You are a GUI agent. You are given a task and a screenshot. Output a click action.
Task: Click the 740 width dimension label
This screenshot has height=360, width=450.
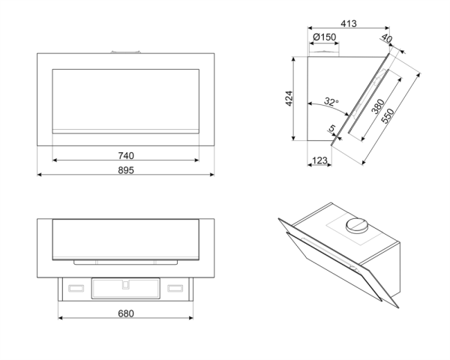[x=126, y=155]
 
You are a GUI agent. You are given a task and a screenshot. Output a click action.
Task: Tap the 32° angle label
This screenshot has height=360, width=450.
[x=331, y=101]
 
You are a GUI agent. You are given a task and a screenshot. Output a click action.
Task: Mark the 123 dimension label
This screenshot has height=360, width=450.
[x=319, y=159]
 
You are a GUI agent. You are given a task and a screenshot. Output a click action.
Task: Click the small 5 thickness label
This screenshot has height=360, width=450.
[x=331, y=130]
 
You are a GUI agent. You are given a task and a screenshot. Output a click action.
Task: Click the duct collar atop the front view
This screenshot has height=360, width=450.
[x=126, y=51]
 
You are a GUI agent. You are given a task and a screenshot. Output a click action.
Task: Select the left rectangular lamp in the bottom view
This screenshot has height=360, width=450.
[x=75, y=286]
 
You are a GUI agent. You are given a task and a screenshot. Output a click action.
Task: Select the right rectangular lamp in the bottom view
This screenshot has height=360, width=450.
[x=176, y=286]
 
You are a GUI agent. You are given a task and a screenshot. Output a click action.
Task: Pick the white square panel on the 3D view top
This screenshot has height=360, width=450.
[x=352, y=229]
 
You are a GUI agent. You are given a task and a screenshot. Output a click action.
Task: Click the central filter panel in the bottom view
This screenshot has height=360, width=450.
[x=126, y=287]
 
